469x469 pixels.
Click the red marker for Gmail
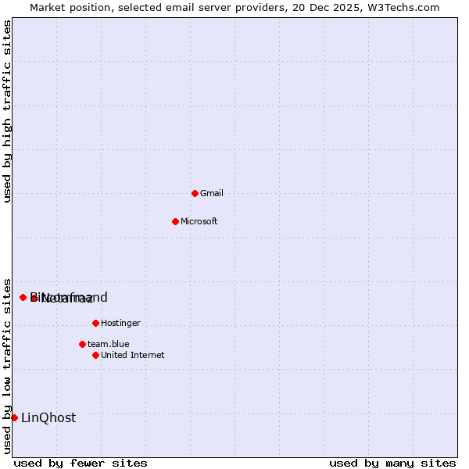(195, 193)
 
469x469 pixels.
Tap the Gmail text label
(212, 193)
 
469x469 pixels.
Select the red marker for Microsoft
(175, 221)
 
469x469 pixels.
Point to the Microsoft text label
(199, 221)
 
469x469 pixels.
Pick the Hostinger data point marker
(95, 323)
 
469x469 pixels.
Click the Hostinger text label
(120, 323)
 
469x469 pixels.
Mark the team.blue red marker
(82, 344)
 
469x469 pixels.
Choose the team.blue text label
(108, 344)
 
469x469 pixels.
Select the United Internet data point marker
(95, 355)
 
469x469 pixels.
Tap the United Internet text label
(132, 355)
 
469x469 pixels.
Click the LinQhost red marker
(14, 417)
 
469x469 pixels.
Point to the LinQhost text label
(48, 417)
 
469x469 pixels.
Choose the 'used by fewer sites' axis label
(81, 463)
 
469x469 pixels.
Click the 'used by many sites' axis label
(392, 463)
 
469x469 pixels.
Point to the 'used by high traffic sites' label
(7, 111)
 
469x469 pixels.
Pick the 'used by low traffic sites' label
(7, 365)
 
